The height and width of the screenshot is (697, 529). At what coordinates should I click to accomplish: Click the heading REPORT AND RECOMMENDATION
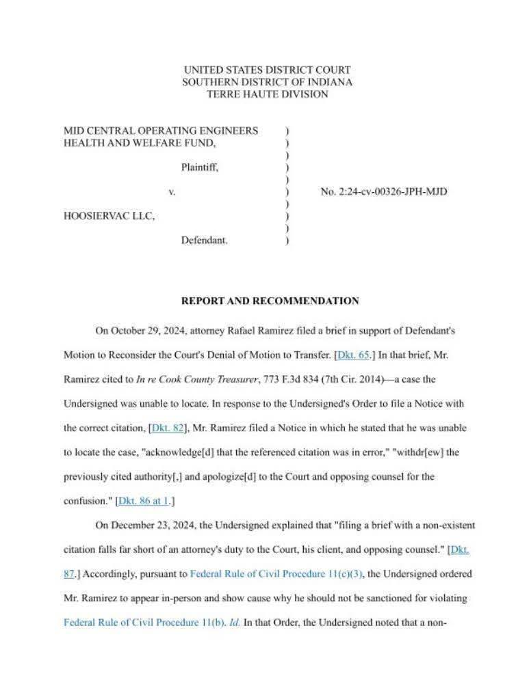click(270, 301)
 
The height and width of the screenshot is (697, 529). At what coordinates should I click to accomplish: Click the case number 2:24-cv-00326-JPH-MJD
click(384, 192)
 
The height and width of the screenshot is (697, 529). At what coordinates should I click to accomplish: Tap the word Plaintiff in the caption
click(200, 167)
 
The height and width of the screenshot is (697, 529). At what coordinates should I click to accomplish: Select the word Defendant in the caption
click(204, 241)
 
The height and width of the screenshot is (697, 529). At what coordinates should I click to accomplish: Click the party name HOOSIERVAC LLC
click(109, 216)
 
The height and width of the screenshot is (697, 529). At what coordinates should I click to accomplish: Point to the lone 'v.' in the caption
click(172, 192)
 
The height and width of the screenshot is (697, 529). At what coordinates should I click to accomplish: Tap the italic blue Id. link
click(235, 623)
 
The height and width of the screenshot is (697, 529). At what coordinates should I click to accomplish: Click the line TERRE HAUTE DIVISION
click(268, 94)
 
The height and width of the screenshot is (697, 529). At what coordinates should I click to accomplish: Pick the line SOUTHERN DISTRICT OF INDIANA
click(268, 82)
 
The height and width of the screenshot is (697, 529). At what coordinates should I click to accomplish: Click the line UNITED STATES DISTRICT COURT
click(268, 70)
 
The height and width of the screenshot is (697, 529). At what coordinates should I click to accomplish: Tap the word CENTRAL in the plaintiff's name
click(110, 131)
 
